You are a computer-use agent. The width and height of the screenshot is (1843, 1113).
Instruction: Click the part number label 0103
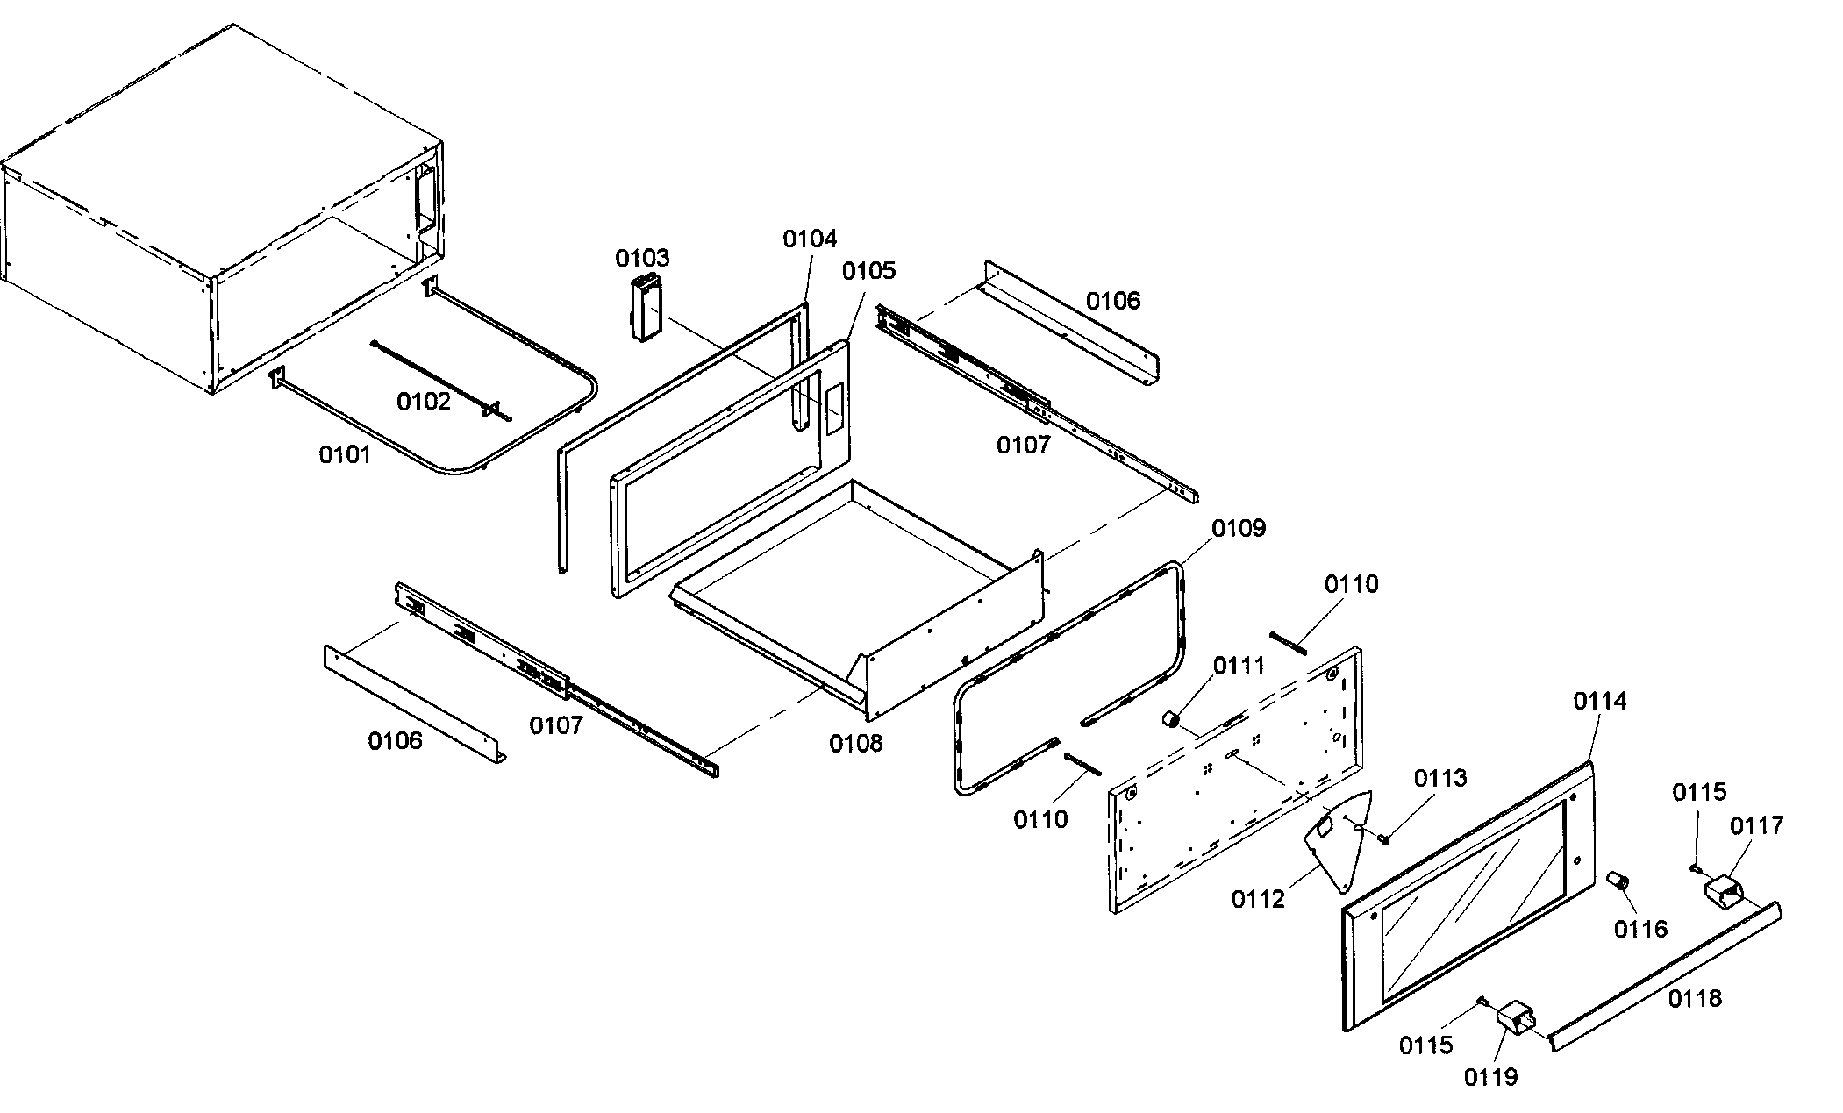[x=641, y=258]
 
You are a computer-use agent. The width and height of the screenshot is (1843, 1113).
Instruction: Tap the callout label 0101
[x=344, y=454]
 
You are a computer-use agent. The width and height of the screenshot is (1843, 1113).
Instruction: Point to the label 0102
[x=423, y=402]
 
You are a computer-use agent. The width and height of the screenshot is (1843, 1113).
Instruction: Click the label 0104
[x=810, y=239]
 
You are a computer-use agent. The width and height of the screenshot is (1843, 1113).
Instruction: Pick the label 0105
[x=868, y=271]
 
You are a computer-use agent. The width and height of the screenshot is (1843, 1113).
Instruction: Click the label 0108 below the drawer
[x=855, y=744]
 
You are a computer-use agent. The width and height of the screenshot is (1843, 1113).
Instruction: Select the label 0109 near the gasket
[x=1239, y=528]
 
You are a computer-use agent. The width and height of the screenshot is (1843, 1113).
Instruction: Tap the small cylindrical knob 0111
[x=1169, y=719]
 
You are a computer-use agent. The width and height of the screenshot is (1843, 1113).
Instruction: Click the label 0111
[x=1239, y=666]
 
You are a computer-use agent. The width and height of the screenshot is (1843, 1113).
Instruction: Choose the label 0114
[x=1599, y=701]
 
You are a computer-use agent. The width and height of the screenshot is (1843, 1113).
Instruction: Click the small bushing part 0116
[x=1618, y=880]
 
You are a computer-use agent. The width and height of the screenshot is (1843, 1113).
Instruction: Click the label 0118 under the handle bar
[x=1694, y=998]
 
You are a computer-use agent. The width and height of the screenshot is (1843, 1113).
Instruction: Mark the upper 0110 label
[x=1351, y=584]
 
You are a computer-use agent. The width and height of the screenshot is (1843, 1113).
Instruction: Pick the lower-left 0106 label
[x=395, y=741]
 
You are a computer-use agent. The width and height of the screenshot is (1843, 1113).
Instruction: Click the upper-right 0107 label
[x=1023, y=446]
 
